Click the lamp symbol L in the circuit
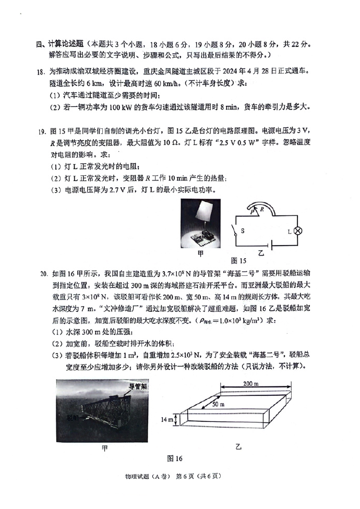tap(299, 231)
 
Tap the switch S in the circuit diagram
tap(236, 230)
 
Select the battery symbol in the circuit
tap(268, 245)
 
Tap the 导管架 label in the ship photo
tap(137, 386)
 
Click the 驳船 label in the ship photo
tap(73, 418)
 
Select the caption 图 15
tap(238, 260)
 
